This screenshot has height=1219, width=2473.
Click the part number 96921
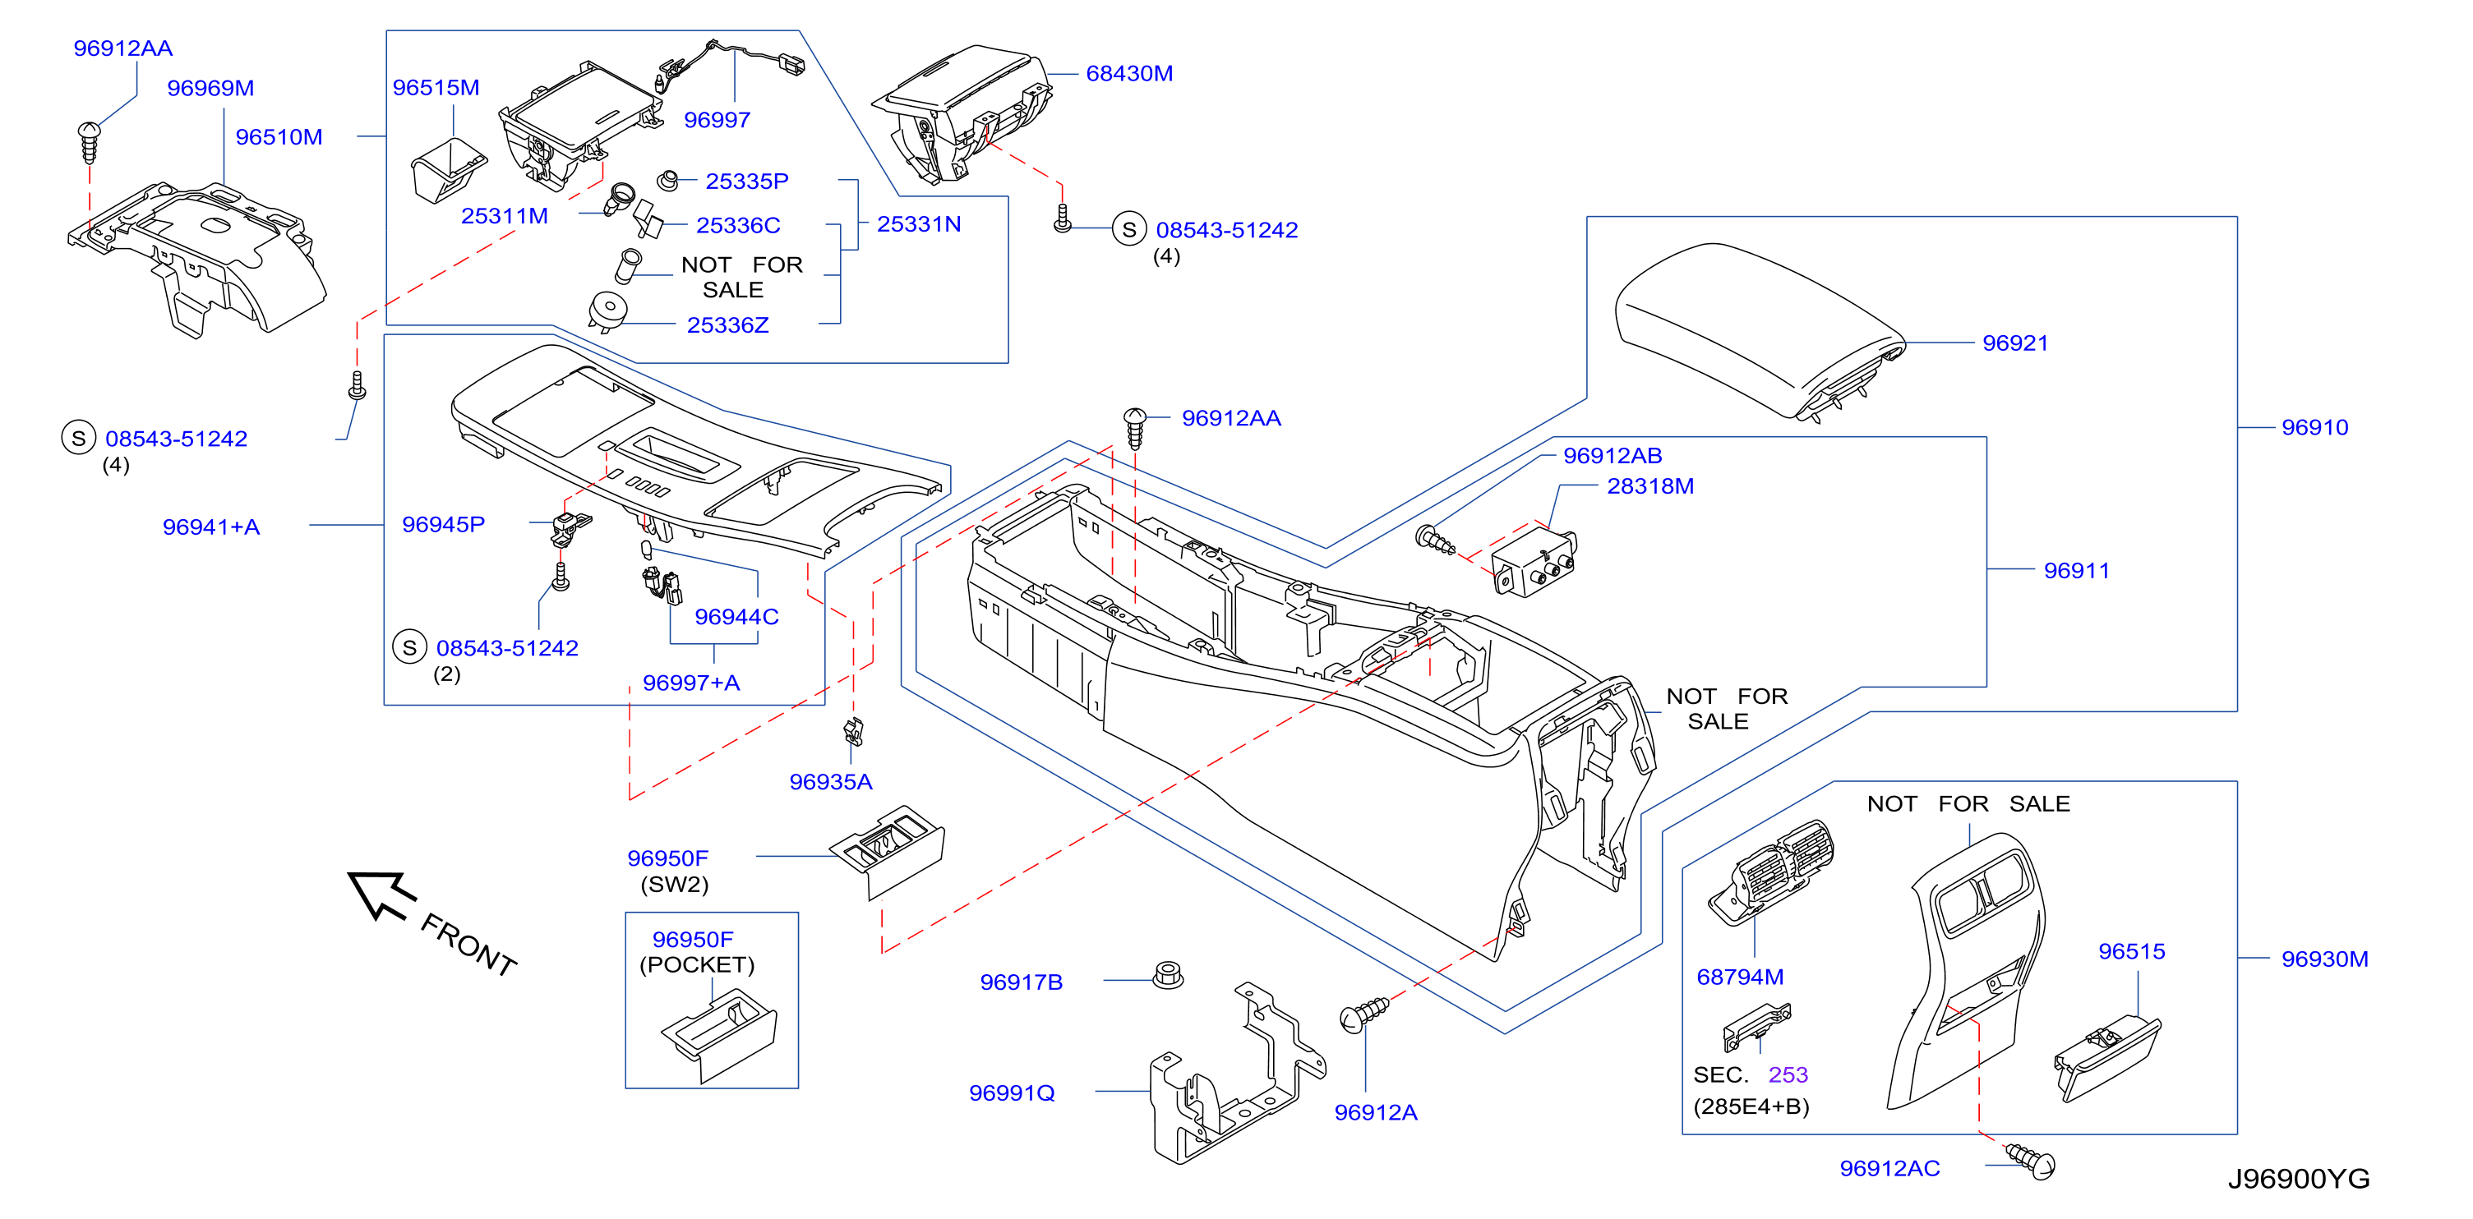pos(2014,343)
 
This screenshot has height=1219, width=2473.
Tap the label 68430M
pos(1129,73)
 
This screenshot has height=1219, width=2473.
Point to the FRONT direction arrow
pos(381,895)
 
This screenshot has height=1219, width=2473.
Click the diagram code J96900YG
pos(2298,1178)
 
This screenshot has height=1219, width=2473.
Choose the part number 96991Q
pos(1012,1092)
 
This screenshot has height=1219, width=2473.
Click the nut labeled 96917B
pos(1167,975)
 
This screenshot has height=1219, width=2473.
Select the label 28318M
pos(1650,485)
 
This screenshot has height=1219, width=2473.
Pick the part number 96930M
pos(2324,958)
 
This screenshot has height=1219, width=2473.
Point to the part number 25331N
pos(919,223)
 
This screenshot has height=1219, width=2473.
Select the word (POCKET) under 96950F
pos(697,964)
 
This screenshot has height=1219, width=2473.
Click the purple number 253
pos(1788,1074)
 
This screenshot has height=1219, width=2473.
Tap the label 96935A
pos(830,781)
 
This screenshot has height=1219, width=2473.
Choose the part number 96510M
pos(279,136)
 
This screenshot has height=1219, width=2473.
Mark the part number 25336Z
pos(727,324)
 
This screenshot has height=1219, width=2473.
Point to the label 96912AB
pos(1612,455)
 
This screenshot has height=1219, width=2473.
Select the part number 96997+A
pos(691,683)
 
